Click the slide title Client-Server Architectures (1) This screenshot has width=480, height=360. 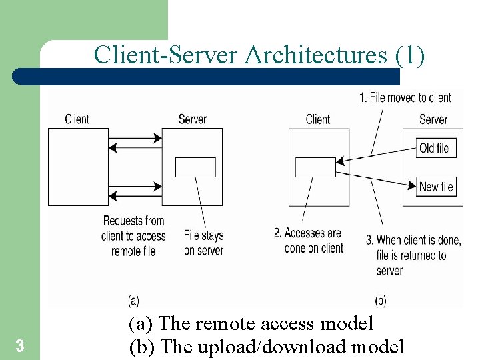tap(259, 55)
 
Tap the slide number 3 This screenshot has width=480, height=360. tap(20, 346)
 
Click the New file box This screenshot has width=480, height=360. tap(437, 187)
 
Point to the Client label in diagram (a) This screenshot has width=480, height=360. tap(77, 119)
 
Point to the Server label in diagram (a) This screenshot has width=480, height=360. tap(192, 119)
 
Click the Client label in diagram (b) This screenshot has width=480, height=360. tap(317, 119)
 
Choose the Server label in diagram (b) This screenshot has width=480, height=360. tap(433, 119)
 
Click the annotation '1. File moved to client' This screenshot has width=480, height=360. tap(405, 97)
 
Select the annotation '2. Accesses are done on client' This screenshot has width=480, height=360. tap(309, 241)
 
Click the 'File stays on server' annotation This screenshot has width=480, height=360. tap(203, 243)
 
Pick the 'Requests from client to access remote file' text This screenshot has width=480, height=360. tap(133, 235)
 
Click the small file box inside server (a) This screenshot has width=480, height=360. tap(195, 167)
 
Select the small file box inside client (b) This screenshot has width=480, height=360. tap(315, 167)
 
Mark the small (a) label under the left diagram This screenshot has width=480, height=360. tap(133, 301)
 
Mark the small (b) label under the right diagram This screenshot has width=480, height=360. tap(380, 301)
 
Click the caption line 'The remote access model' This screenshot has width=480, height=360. tap(251, 324)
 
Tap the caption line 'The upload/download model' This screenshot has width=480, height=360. tap(266, 347)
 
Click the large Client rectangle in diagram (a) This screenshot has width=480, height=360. tap(77, 167)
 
